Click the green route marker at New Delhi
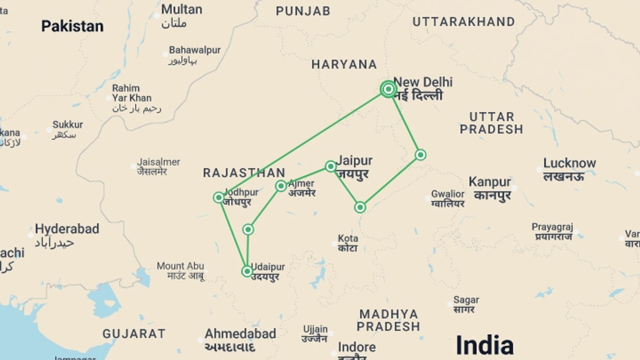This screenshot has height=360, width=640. (x=388, y=89)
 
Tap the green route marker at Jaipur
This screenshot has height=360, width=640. (x=330, y=166)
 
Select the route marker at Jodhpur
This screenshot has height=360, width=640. (x=219, y=198)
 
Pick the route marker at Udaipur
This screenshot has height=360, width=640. (x=247, y=271)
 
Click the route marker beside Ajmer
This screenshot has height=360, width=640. (x=281, y=186)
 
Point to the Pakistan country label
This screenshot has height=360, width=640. (x=72, y=26)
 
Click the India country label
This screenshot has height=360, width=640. (x=484, y=345)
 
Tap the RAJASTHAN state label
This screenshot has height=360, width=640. (x=244, y=173)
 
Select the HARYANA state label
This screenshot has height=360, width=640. (x=344, y=64)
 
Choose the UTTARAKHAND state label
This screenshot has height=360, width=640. (x=464, y=22)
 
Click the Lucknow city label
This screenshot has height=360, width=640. (x=569, y=163)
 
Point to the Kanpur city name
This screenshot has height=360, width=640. (x=490, y=182)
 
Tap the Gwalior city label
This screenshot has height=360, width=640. (x=448, y=194)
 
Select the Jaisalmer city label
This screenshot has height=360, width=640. (x=158, y=162)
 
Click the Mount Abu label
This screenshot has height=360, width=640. (x=180, y=266)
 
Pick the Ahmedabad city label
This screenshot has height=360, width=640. (x=240, y=334)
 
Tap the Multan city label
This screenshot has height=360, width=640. (x=182, y=9)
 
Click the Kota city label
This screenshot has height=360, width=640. (x=348, y=239)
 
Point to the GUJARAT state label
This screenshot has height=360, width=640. (x=134, y=334)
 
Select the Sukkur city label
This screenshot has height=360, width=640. (x=68, y=125)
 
